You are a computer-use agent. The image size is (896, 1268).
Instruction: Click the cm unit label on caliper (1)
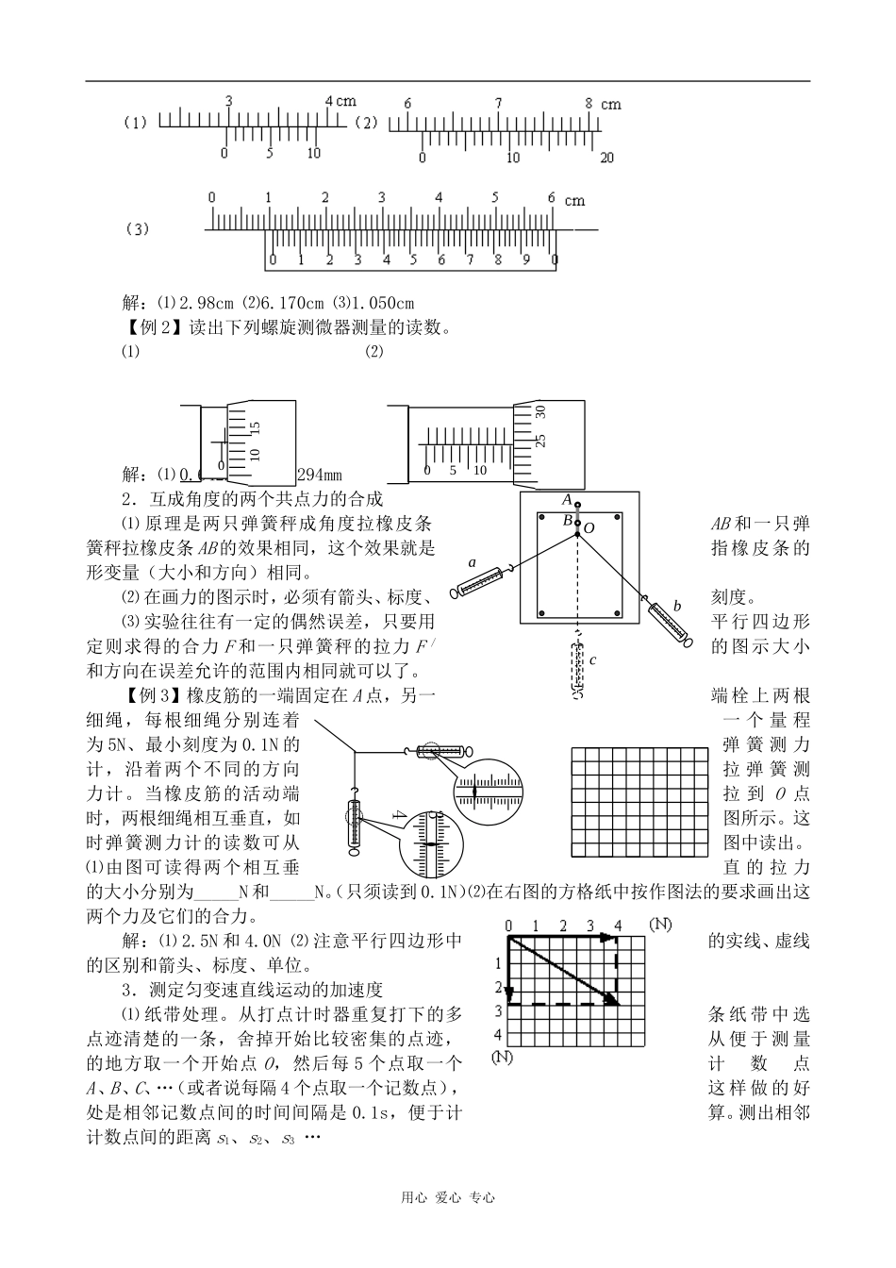coord(346,101)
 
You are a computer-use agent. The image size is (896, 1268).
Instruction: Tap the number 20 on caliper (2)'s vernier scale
coord(607,158)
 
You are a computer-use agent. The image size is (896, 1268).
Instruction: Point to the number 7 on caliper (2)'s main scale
coord(498,103)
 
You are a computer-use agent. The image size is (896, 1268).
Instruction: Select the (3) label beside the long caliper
coord(138,229)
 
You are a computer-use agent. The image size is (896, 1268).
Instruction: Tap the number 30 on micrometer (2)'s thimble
coord(541,411)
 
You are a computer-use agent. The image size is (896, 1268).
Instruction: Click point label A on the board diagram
coord(567,498)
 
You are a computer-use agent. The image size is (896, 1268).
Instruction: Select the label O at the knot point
coord(589,528)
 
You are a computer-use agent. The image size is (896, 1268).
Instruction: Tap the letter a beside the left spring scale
coord(472,563)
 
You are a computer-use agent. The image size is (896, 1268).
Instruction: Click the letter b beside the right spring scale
coord(675,605)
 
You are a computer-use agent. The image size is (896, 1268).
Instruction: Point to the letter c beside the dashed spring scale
coord(592,660)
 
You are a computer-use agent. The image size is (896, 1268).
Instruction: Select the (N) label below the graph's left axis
coord(502,1057)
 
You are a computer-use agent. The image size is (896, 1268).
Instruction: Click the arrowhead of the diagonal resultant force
coord(612,998)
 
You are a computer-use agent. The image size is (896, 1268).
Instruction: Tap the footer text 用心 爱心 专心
coord(448,1197)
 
